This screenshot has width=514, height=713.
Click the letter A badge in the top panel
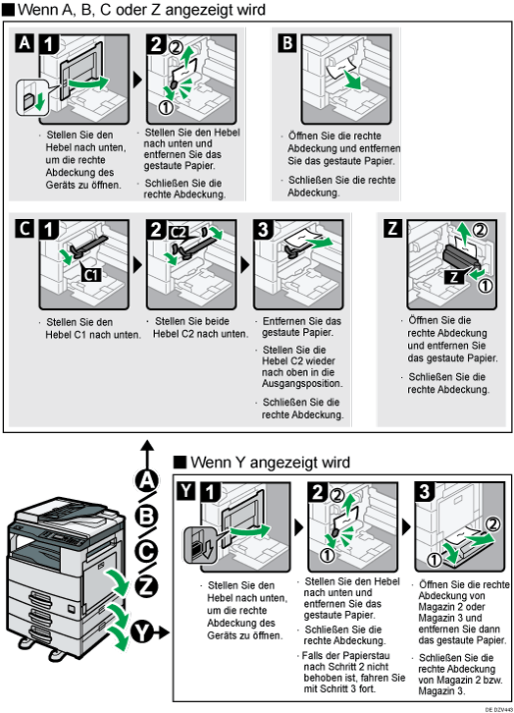[25, 43]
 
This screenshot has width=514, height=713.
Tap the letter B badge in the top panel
[287, 43]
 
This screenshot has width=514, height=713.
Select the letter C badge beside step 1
[25, 229]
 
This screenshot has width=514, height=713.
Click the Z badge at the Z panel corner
[393, 229]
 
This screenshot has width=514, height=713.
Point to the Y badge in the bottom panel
[186, 492]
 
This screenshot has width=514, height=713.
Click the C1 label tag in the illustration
[92, 275]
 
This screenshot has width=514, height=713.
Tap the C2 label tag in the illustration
[178, 233]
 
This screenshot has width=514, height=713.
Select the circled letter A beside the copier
[146, 481]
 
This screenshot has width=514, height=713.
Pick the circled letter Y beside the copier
[142, 632]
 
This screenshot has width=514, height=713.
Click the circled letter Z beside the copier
[146, 586]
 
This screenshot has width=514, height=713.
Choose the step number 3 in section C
[263, 230]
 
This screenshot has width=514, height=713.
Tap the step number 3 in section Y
[425, 492]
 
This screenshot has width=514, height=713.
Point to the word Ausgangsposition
[302, 383]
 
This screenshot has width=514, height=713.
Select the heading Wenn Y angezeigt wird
[270, 463]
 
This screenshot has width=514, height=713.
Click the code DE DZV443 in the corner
[497, 709]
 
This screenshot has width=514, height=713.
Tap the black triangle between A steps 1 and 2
[137, 80]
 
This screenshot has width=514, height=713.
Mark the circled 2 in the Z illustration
[480, 230]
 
